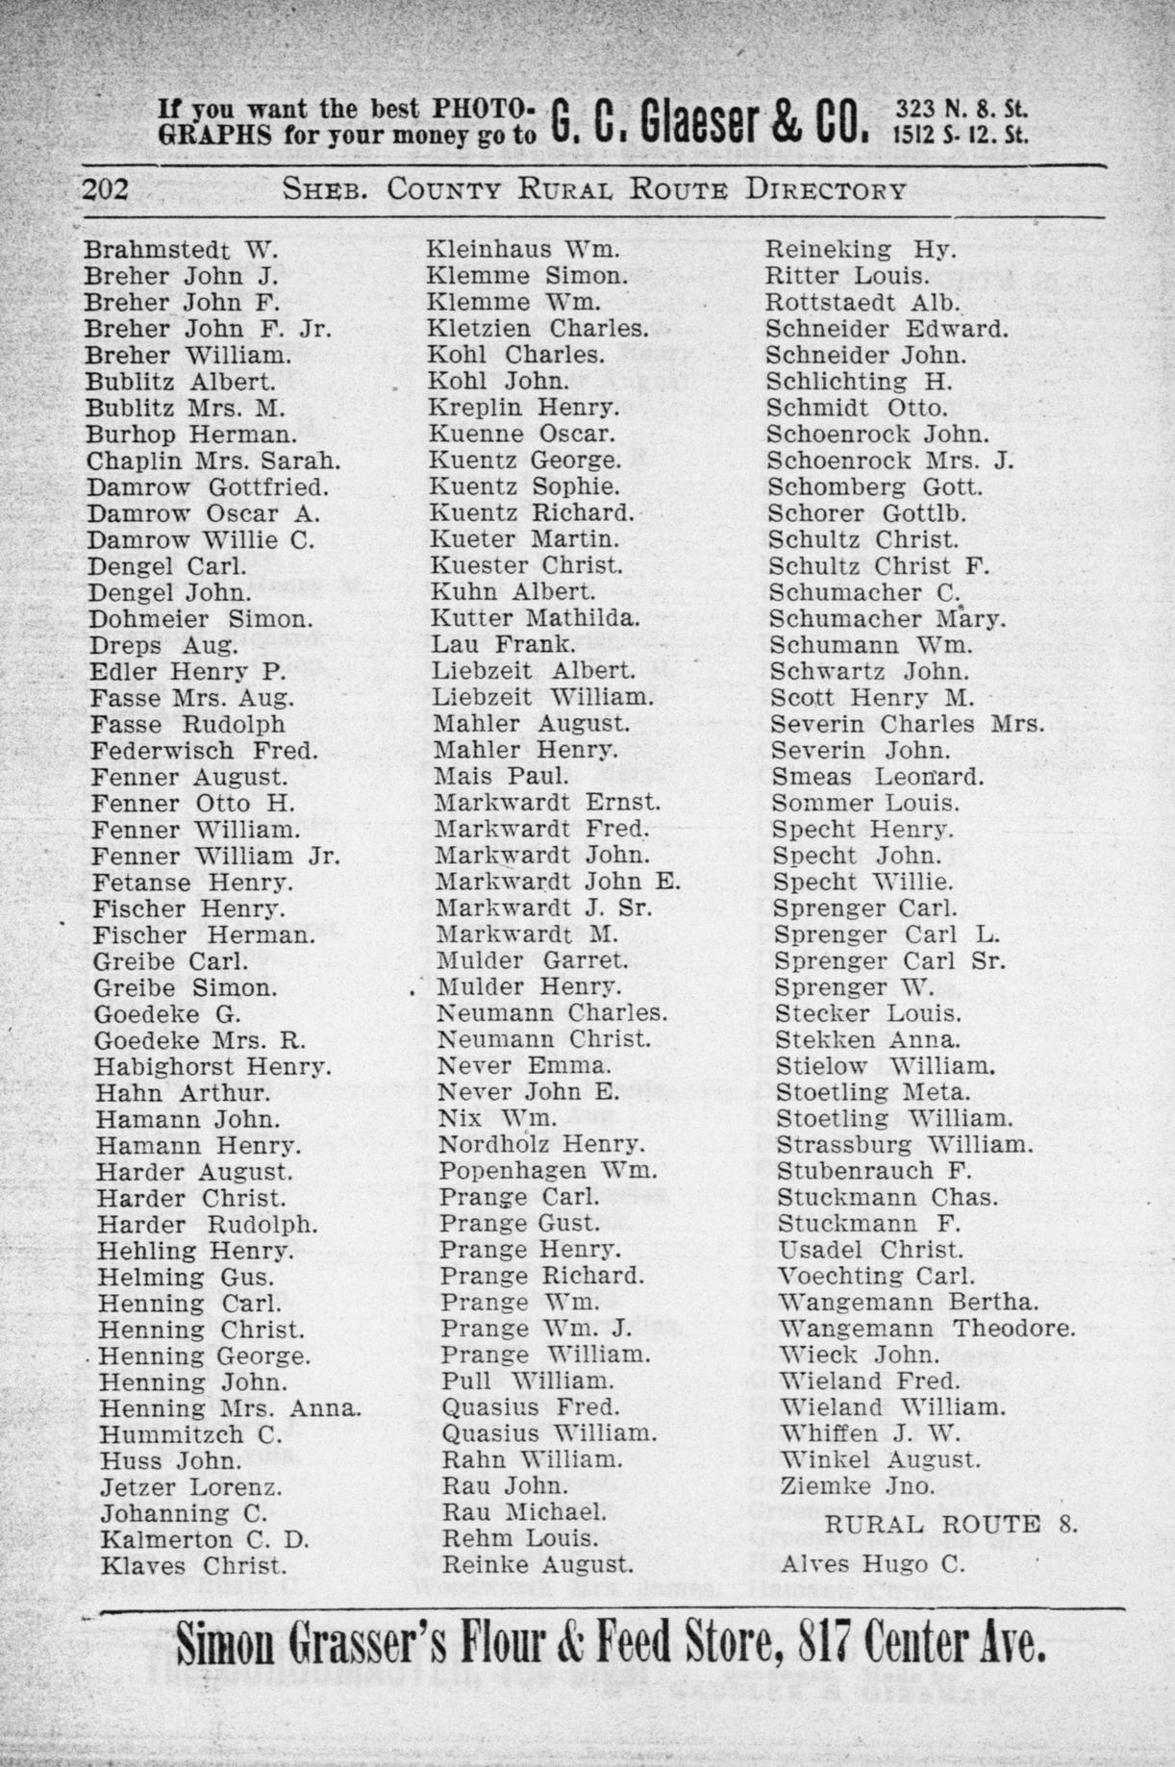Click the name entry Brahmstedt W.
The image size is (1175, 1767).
coord(181,250)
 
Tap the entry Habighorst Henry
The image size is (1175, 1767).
coord(212,1066)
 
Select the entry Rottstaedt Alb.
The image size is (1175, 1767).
coord(862,303)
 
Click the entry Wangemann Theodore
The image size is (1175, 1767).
coord(926,1330)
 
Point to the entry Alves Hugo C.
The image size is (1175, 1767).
coord(873,1564)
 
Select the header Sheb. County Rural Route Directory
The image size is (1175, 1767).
coord(593,189)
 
